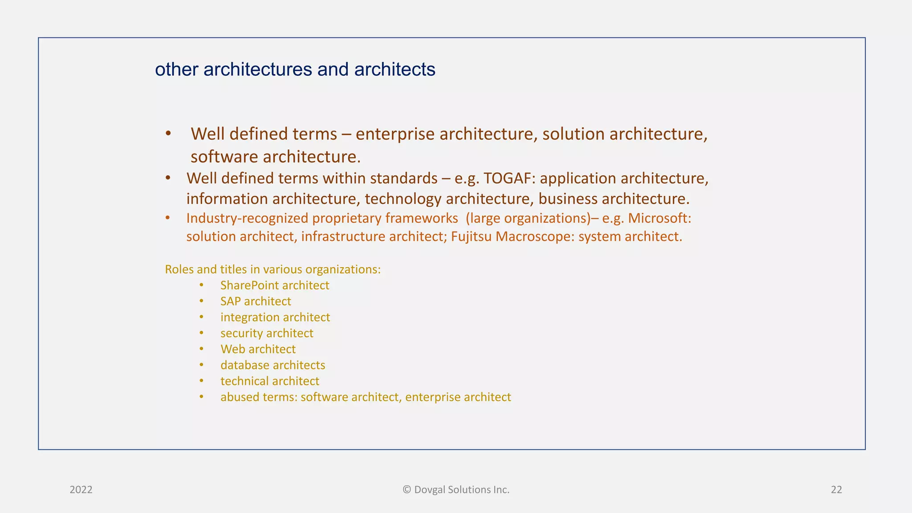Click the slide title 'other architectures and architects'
tap(295, 69)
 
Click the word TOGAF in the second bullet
tap(505, 179)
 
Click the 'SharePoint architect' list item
tap(274, 285)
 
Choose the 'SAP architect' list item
tap(256, 301)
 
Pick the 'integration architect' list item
tap(275, 318)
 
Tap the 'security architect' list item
tap(266, 334)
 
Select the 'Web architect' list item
tap(258, 350)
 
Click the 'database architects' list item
tap(273, 366)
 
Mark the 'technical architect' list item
tap(269, 382)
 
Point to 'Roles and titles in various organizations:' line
tap(273, 269)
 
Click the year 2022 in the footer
tap(81, 490)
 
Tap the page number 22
tap(836, 490)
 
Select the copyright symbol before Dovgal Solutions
tap(407, 490)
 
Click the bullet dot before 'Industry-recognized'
tap(167, 218)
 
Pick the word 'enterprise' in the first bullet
tap(395, 134)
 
